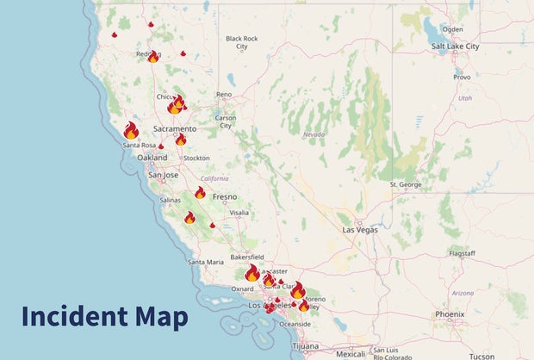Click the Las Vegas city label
click(x=360, y=231)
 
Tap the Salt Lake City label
click(x=456, y=46)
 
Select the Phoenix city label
click(x=450, y=314)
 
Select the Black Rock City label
click(x=241, y=41)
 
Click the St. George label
click(x=405, y=184)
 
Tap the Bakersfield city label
click(x=245, y=257)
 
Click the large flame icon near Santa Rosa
click(x=131, y=130)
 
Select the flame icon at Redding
click(x=153, y=57)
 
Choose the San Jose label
click(x=163, y=175)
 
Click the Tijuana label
click(x=305, y=345)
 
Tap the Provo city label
click(x=462, y=77)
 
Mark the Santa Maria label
click(x=207, y=262)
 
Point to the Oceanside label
click(x=295, y=323)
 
